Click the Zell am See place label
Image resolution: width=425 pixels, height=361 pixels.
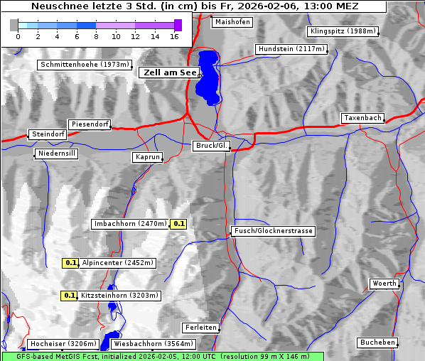pyautogui.click(x=170, y=72)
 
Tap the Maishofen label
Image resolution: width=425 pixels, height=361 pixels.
pyautogui.click(x=232, y=22)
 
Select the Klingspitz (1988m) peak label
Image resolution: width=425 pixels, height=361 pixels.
pyautogui.click(x=343, y=31)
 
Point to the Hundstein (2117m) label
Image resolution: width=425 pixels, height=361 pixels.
pyautogui.click(x=291, y=50)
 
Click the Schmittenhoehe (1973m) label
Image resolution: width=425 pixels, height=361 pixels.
pyautogui.click(x=84, y=65)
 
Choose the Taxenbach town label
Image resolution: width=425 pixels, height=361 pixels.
pyautogui.click(x=362, y=118)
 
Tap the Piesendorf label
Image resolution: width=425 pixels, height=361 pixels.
pyautogui.click(x=89, y=124)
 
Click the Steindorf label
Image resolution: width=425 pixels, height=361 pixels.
pyautogui.click(x=48, y=134)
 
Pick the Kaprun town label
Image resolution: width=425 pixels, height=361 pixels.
pyautogui.click(x=148, y=157)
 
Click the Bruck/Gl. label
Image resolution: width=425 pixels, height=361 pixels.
pyautogui.click(x=212, y=146)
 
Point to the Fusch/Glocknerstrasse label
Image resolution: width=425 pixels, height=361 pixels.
pyautogui.click(x=274, y=231)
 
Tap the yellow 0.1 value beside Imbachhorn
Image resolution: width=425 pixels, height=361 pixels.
pyautogui.click(x=179, y=224)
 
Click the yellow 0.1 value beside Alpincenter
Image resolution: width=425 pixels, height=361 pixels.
pyautogui.click(x=71, y=263)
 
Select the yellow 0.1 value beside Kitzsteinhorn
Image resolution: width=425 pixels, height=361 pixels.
pyautogui.click(x=69, y=296)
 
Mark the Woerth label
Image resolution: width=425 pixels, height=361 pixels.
pyautogui.click(x=384, y=284)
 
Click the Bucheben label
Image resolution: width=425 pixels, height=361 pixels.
pyautogui.click(x=377, y=343)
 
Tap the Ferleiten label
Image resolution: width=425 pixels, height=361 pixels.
pyautogui.click(x=200, y=328)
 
